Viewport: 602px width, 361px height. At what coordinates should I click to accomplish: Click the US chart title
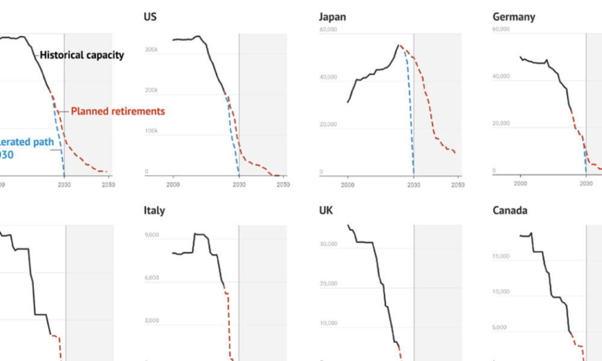150,17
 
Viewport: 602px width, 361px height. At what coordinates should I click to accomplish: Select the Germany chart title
514,17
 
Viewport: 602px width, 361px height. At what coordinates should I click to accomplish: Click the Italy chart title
154,211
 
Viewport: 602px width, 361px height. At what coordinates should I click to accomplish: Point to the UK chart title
326,211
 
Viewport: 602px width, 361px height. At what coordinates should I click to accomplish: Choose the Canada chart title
510,211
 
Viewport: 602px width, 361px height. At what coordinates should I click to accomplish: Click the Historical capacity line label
82,55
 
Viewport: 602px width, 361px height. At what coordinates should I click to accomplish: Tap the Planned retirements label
118,111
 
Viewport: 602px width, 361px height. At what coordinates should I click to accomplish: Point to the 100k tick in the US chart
151,131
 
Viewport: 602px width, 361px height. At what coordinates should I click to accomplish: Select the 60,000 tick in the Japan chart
329,29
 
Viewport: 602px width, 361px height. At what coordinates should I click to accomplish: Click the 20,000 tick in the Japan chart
329,125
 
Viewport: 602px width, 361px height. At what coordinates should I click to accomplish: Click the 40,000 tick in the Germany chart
501,76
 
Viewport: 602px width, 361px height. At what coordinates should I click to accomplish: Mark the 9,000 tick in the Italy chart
152,235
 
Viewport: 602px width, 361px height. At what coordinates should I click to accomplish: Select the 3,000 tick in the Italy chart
152,321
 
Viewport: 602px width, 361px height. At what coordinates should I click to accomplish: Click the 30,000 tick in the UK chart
329,244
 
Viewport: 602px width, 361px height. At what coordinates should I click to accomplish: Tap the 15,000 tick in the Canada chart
501,256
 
